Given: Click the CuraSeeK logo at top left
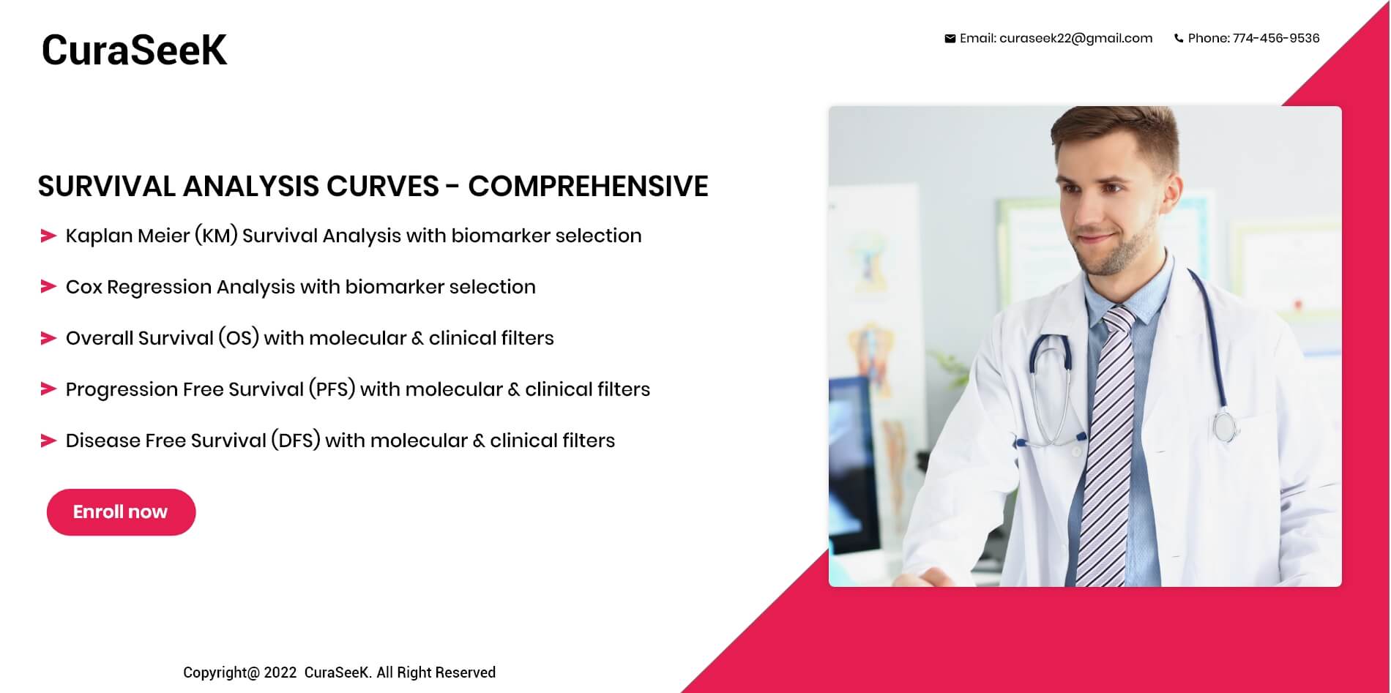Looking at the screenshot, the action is [x=134, y=50].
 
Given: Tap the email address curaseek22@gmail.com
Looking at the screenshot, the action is [x=1075, y=38].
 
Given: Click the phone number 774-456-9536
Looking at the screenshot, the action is [x=1276, y=38].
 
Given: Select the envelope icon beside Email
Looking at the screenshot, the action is [x=950, y=39].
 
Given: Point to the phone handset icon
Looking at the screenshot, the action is [x=1179, y=39].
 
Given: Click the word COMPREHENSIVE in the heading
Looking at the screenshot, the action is [x=588, y=186].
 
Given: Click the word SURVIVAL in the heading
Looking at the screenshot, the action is [x=107, y=186].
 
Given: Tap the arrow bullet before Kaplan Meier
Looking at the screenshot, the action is [x=48, y=236].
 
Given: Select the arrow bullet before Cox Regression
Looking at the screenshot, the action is [x=48, y=287].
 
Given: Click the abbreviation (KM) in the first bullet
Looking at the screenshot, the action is [x=216, y=236].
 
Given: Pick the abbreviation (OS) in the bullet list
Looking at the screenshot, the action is [x=239, y=338].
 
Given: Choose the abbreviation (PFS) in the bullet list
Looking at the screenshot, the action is [x=332, y=389].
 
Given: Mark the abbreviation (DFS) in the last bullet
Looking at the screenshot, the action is [x=296, y=441].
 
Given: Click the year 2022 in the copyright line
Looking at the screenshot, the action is [x=280, y=673].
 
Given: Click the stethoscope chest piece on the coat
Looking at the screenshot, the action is [x=1225, y=427].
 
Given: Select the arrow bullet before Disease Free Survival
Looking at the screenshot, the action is [x=48, y=441].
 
